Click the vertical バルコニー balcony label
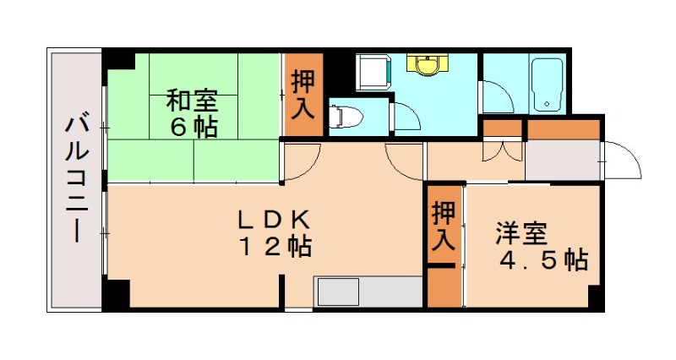pos(76,179)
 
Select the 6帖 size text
pos(191,128)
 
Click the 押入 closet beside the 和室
pos(303,95)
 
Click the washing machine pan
pos(373,73)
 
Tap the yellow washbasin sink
pos(427,64)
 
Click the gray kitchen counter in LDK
pos(368,292)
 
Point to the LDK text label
pos(275,221)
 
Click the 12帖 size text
pos(275,248)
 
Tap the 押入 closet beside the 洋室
pos(444,226)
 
